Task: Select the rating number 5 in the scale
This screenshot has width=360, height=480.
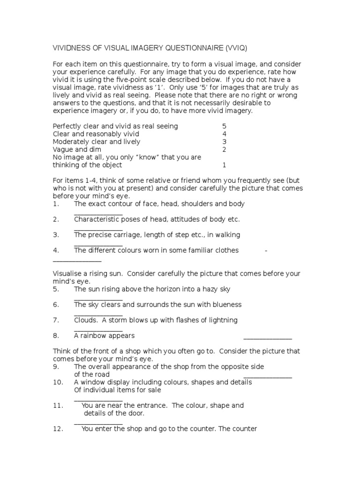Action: tap(224, 126)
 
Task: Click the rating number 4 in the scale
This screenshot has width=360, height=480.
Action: tap(224, 134)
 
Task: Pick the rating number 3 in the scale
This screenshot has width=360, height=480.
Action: tap(224, 142)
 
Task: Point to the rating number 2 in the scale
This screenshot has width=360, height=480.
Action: tap(224, 150)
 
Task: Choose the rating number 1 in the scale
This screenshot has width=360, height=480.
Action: tap(224, 165)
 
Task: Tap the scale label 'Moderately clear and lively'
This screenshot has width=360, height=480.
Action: tap(97, 142)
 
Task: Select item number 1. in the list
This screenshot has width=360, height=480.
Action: tap(56, 204)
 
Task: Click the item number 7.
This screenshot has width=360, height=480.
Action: tap(56, 320)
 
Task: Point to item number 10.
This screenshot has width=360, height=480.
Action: tap(58, 382)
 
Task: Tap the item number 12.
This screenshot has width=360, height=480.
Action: tap(58, 428)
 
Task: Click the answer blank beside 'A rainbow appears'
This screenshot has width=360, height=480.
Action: tap(268, 337)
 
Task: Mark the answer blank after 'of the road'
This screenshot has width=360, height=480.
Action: tap(268, 376)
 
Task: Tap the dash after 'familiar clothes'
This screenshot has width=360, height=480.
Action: tap(266, 250)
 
